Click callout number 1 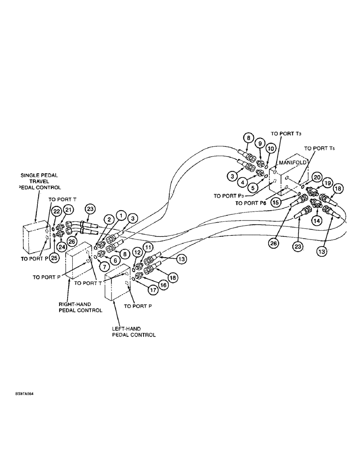click(x=121, y=215)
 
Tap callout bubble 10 click(x=270, y=148)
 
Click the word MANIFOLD click(x=292, y=164)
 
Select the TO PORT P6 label click(x=251, y=203)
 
